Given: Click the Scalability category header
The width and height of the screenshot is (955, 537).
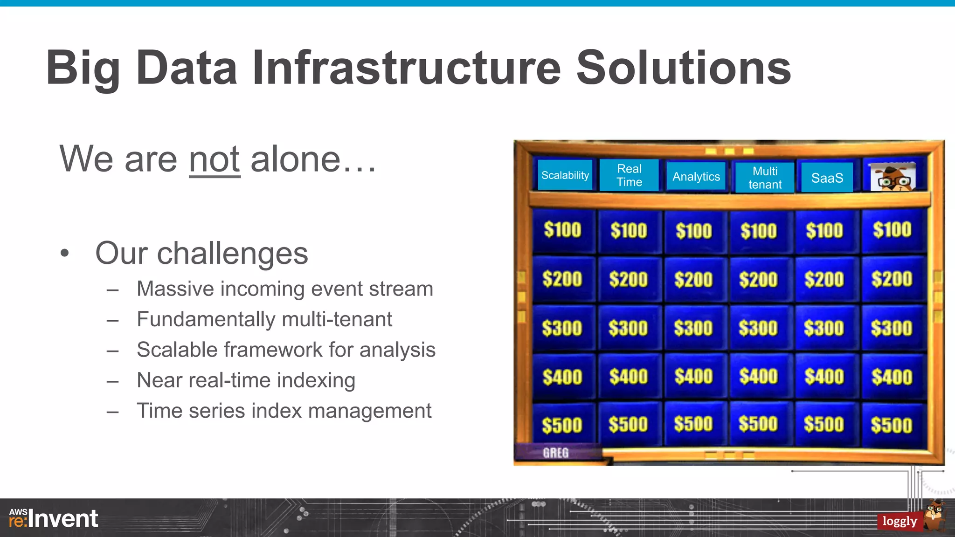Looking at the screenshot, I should pyautogui.click(x=565, y=175).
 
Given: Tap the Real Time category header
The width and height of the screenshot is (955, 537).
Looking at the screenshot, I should pyautogui.click(x=629, y=175).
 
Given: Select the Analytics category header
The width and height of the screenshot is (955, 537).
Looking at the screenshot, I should pyautogui.click(x=696, y=177).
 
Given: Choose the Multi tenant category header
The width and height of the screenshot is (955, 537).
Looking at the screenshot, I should pyautogui.click(x=765, y=178).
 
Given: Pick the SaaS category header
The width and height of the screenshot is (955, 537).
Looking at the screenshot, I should pyautogui.click(x=827, y=178).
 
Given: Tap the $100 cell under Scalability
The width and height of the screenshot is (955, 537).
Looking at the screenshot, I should pyautogui.click(x=562, y=230).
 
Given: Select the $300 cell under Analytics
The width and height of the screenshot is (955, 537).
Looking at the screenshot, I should pyautogui.click(x=693, y=328).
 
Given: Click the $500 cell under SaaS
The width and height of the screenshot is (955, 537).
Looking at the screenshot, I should pyautogui.click(x=824, y=425).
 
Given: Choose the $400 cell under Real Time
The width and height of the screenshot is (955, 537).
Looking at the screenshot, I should pyautogui.click(x=628, y=377).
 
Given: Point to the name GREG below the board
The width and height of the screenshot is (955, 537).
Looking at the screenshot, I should pyautogui.click(x=555, y=453).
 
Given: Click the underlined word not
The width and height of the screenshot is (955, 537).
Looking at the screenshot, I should pyautogui.click(x=215, y=160).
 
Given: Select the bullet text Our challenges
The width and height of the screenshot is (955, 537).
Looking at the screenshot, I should pyautogui.click(x=201, y=254).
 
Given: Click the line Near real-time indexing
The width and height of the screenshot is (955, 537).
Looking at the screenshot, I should pyautogui.click(x=246, y=380).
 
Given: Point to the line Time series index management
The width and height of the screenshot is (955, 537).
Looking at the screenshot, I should pyautogui.click(x=284, y=411).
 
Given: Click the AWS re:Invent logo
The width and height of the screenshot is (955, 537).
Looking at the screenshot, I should pyautogui.click(x=54, y=518).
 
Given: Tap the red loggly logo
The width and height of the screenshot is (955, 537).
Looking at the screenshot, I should pyautogui.click(x=900, y=521).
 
